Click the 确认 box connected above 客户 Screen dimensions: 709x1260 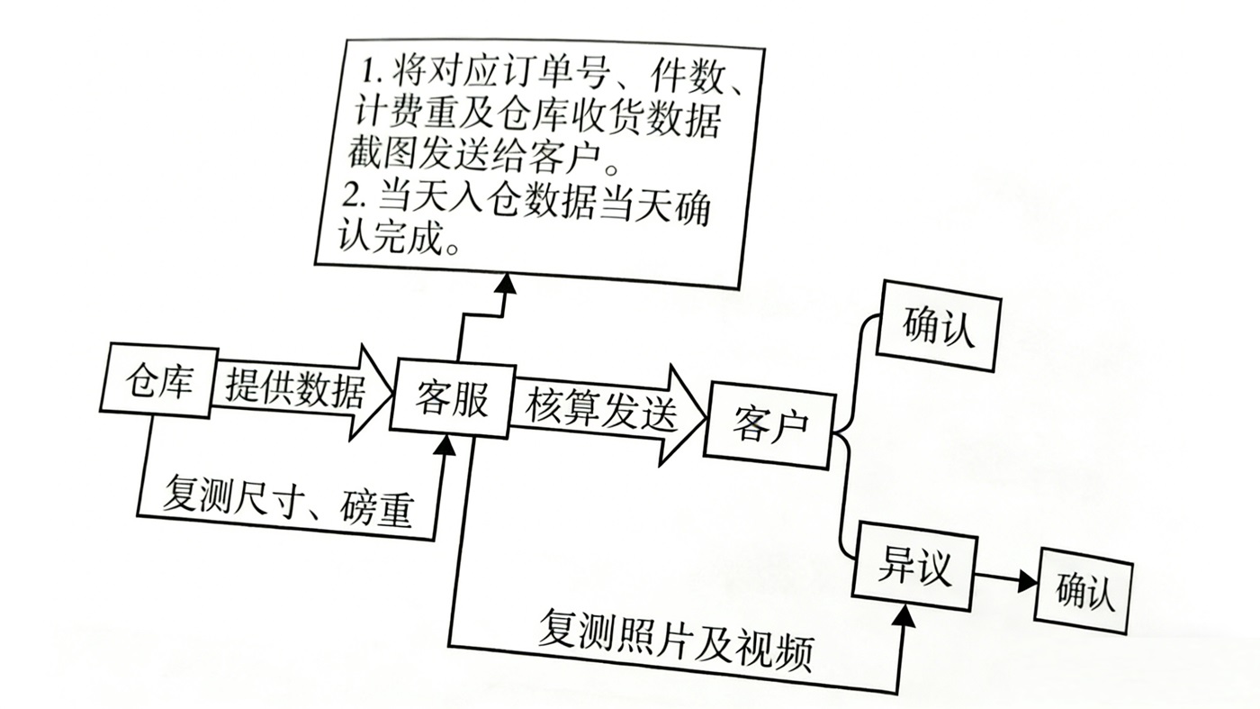pyautogui.click(x=939, y=325)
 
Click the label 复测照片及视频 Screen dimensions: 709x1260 pyautogui.click(x=675, y=641)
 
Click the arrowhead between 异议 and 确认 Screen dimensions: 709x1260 pyautogui.click(x=1026, y=583)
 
